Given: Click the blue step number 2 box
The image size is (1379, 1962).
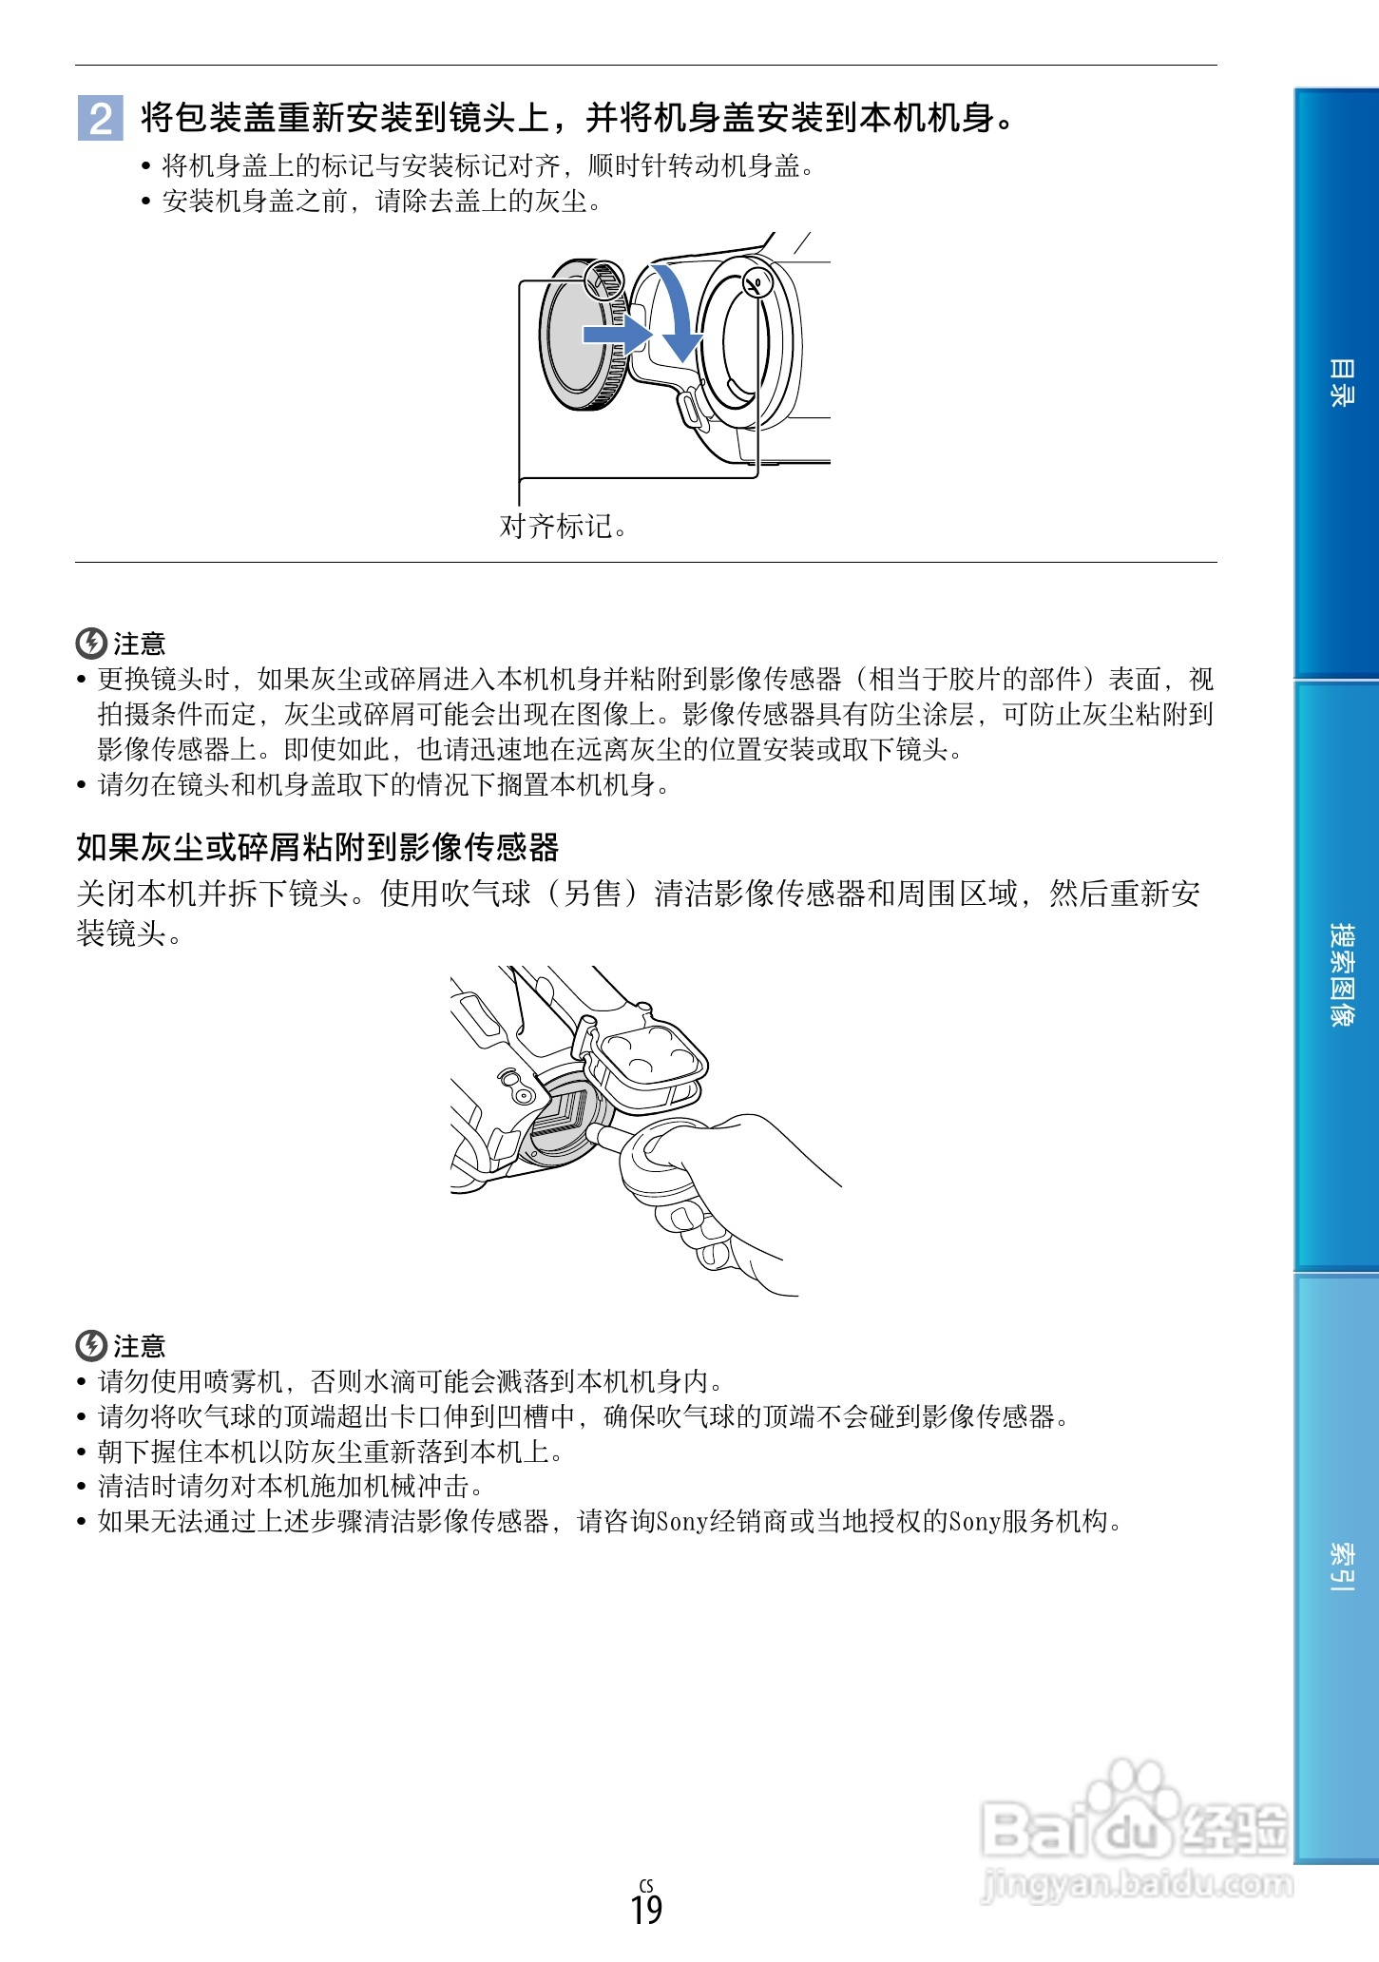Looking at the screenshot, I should (100, 119).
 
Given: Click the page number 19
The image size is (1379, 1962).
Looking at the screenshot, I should (646, 1910).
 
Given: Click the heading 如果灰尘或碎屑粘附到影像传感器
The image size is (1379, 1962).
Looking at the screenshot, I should (317, 847).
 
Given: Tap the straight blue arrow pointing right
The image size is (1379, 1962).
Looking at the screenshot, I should (616, 334).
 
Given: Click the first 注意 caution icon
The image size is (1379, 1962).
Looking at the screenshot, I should (90, 644).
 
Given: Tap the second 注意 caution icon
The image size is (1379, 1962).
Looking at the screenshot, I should (90, 1346).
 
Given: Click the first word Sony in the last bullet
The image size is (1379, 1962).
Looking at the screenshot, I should (682, 1522).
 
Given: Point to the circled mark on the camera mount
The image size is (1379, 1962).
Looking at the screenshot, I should (757, 282).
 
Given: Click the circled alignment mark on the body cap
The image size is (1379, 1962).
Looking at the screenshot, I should (603, 279).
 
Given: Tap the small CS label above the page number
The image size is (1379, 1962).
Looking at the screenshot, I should (646, 1885).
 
